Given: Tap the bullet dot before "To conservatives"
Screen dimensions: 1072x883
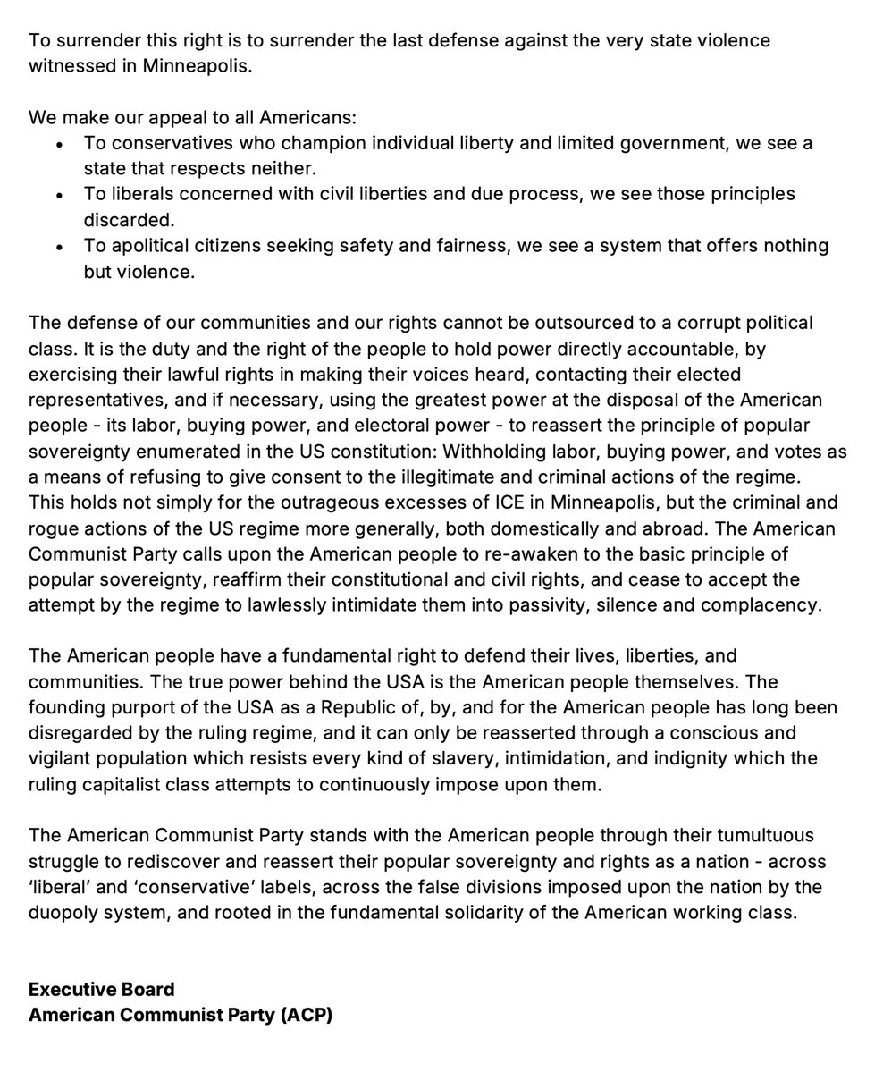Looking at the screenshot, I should tap(59, 143).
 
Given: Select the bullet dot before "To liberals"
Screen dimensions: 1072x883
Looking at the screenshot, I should tap(59, 194).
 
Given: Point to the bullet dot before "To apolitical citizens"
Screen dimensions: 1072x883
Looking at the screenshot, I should tap(59, 246).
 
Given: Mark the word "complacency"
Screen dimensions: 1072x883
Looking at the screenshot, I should tap(766, 605).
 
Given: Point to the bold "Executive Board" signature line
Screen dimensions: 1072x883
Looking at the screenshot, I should tap(101, 990).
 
